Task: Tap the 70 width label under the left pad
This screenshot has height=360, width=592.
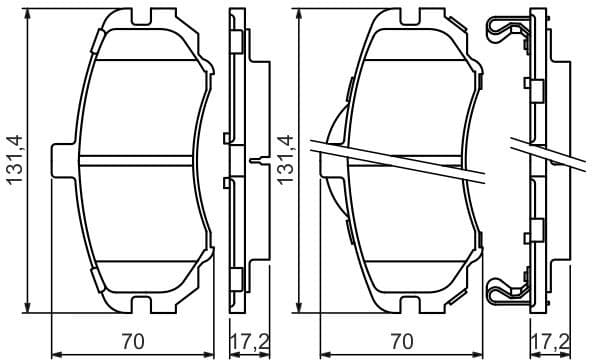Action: click(132, 340)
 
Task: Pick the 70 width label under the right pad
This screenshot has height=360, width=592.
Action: click(400, 340)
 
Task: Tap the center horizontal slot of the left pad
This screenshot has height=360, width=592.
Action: click(135, 160)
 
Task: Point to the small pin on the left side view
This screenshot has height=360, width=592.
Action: click(259, 160)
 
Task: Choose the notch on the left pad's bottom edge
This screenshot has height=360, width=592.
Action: click(136, 302)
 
